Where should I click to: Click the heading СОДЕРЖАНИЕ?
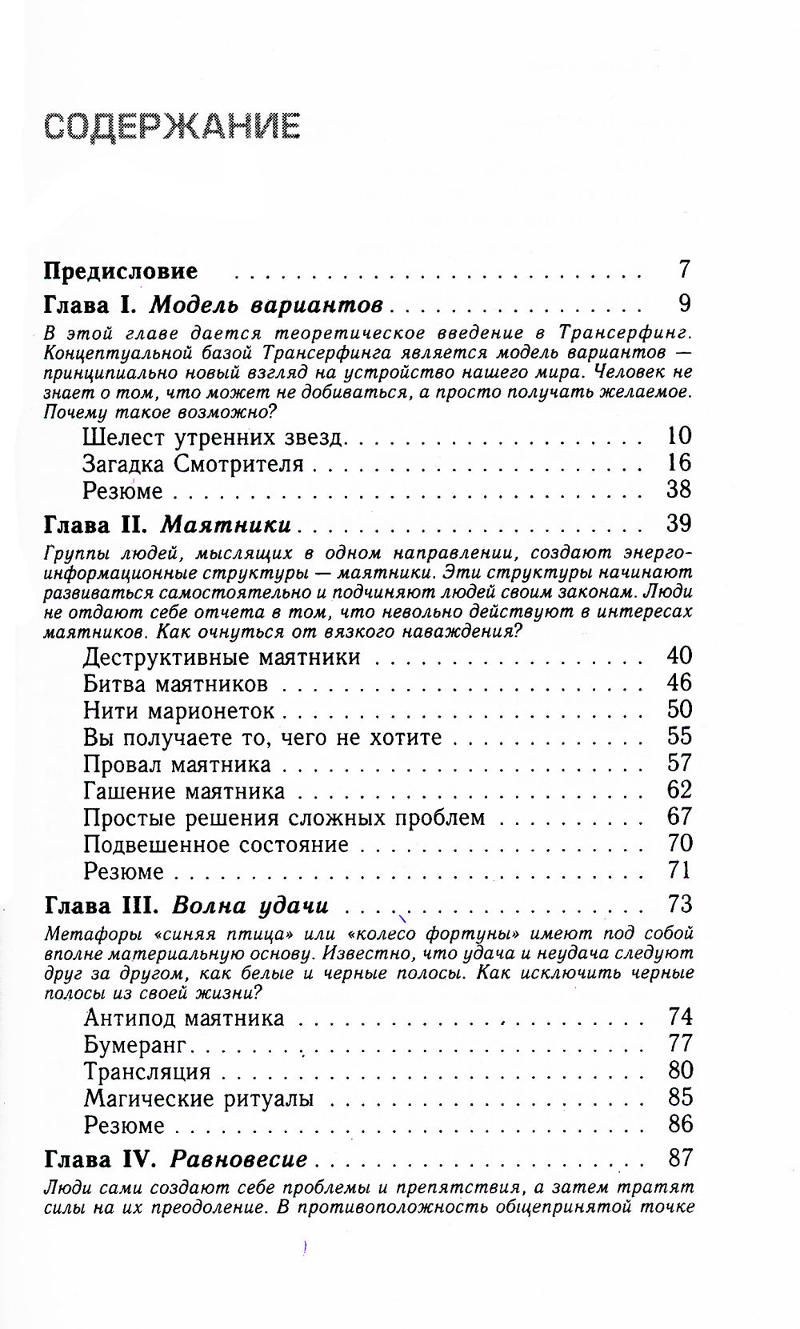coord(172,126)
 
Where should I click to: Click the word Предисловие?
coord(120,271)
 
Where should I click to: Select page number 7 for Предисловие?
coord(683,270)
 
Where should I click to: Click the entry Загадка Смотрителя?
coord(193,464)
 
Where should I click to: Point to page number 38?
coord(678,489)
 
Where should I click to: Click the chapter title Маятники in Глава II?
coord(226,525)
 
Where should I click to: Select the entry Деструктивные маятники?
coord(222,658)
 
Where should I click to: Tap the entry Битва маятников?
coord(175,685)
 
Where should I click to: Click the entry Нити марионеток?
coord(178,711)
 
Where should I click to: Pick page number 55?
coord(679,737)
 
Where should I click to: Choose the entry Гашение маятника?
coord(184,791)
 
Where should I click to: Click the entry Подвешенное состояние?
coord(216,845)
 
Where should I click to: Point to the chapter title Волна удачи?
coord(250,906)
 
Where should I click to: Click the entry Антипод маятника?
coord(184,1019)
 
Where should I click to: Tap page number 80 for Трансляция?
coord(679,1071)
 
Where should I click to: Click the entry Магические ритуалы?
coord(198,1099)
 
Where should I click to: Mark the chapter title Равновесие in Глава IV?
coord(239,1159)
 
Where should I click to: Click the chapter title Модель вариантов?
coord(266,306)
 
